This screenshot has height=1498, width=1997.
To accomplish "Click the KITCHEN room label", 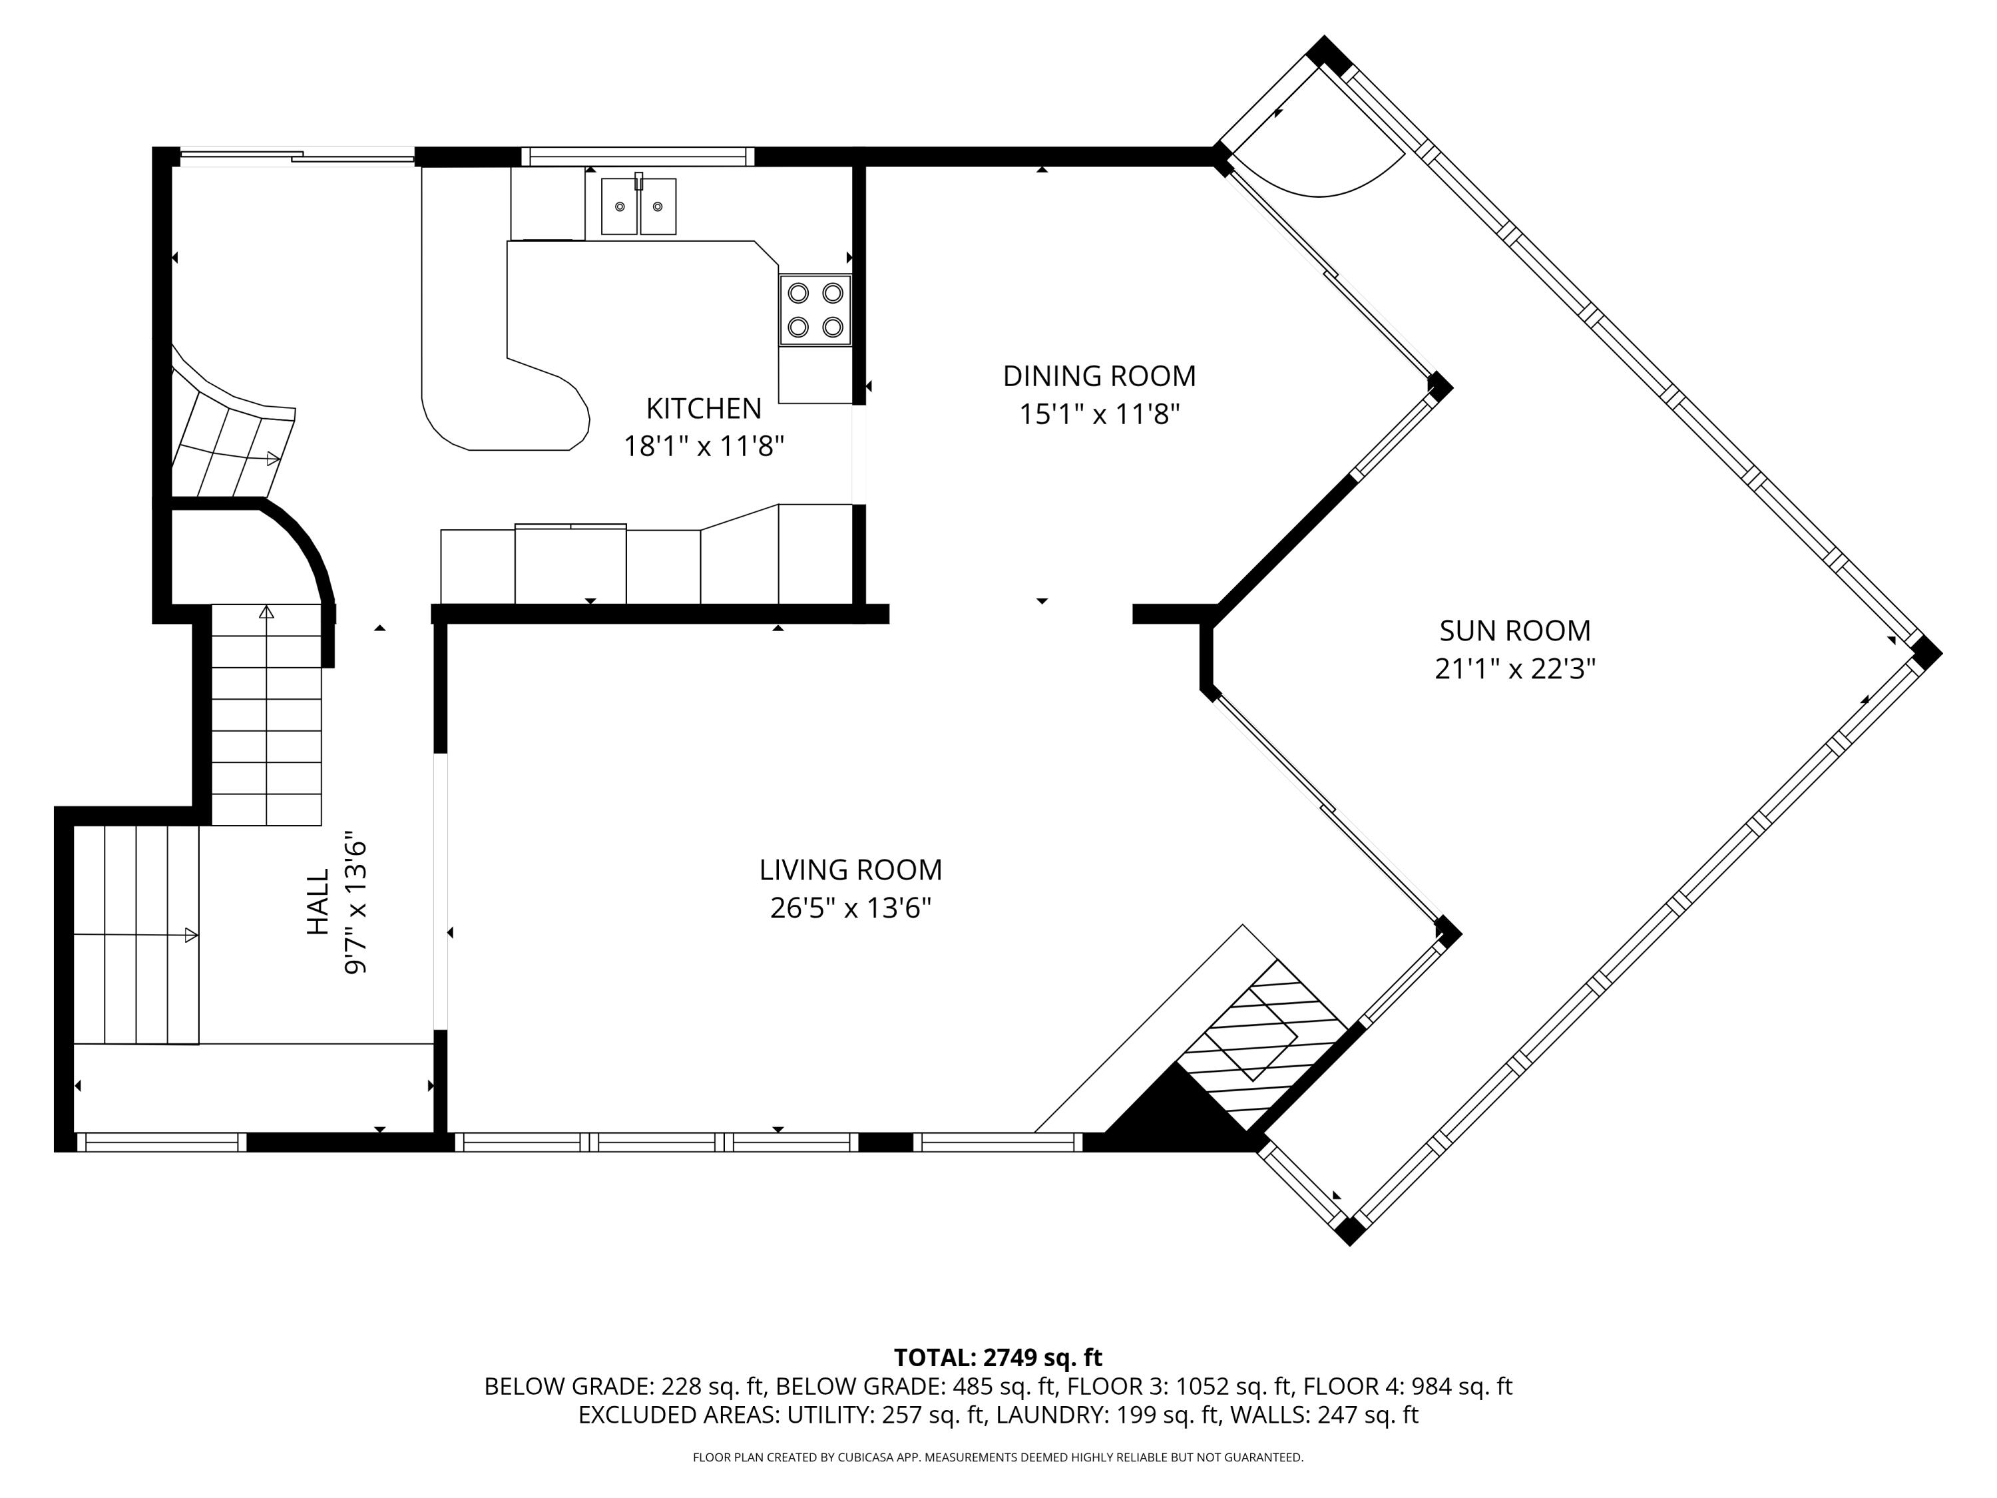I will (x=704, y=409).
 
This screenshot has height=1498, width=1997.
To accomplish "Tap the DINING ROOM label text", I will (x=1099, y=375).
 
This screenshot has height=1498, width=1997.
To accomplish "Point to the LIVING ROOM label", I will (x=851, y=870).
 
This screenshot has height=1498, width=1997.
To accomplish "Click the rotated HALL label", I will (x=318, y=902).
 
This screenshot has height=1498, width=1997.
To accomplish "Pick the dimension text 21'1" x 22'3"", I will (x=1515, y=669).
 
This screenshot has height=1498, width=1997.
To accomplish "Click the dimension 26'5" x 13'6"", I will (x=851, y=908).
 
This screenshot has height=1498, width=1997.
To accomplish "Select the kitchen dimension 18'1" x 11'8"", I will (x=704, y=447).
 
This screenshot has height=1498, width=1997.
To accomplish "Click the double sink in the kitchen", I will (x=638, y=206).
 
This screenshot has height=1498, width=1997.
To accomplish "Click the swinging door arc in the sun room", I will (x=1336, y=180).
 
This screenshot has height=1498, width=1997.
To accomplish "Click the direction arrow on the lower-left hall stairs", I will (x=190, y=935).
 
